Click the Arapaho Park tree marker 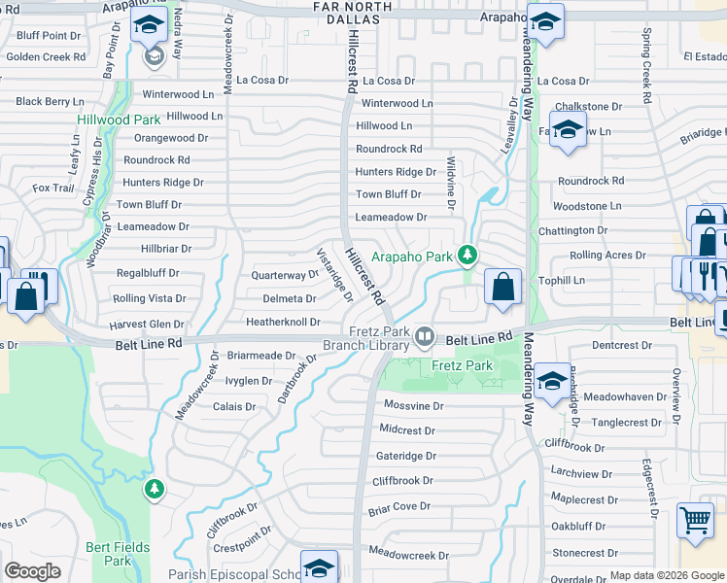467,256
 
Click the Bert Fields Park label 118,554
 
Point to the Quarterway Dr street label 285,275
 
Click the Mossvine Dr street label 412,405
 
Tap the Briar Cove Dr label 398,506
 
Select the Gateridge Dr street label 406,456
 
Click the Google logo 32,571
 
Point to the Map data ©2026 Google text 667,576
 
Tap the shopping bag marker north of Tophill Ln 502,288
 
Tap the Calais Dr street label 234,407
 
